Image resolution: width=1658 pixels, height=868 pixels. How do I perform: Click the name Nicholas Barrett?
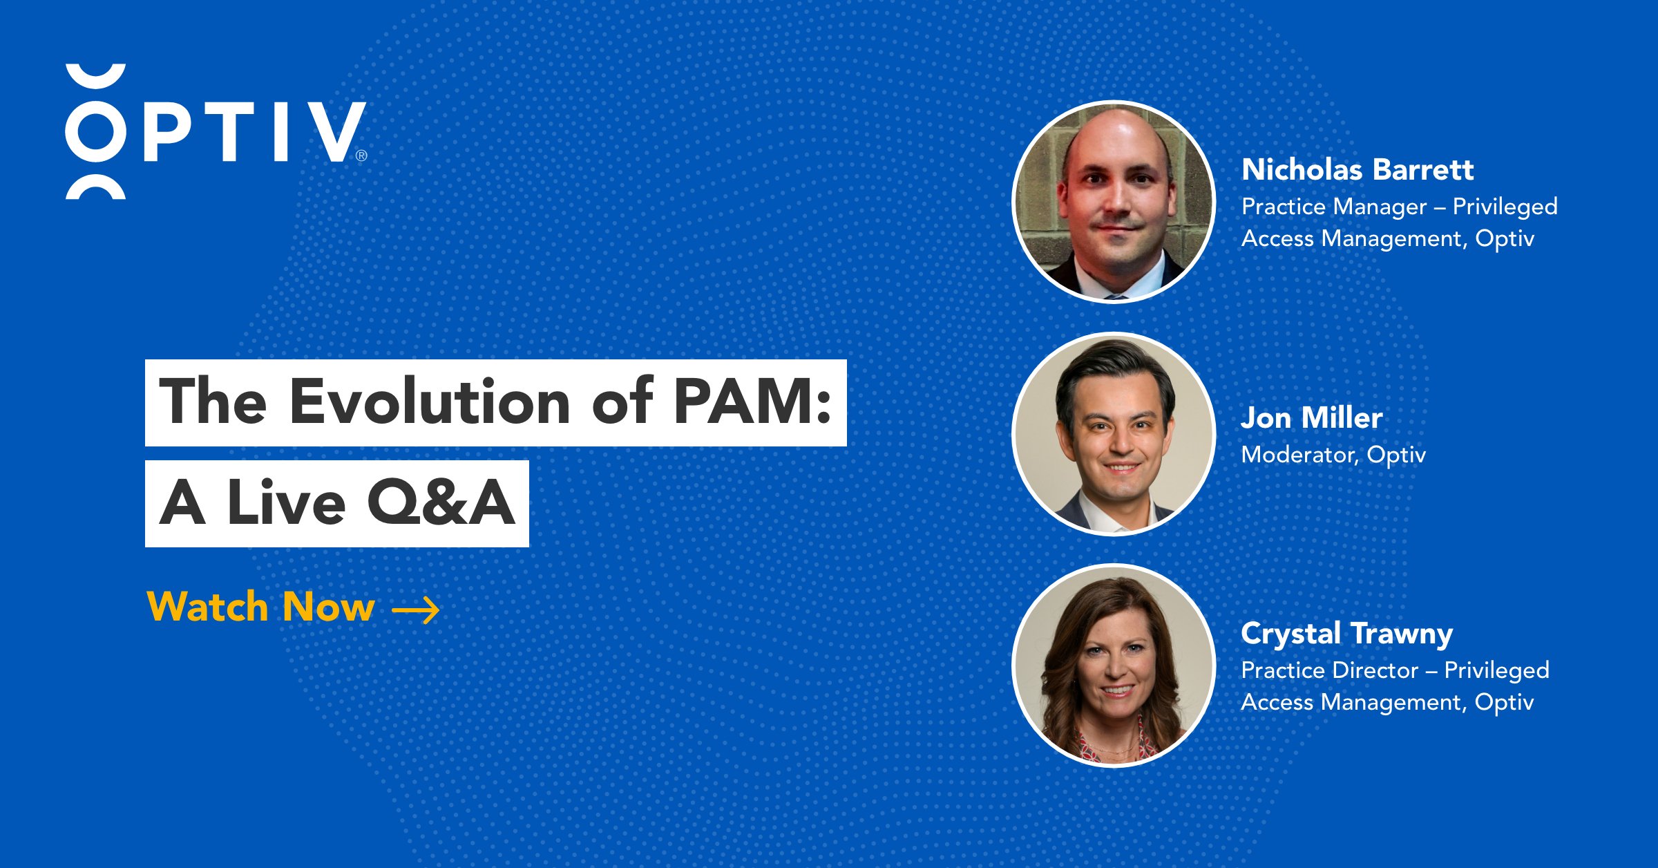click(1357, 170)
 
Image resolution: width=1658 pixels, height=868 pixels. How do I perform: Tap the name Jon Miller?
click(1311, 418)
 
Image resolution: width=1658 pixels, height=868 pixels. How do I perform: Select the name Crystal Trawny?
click(1346, 634)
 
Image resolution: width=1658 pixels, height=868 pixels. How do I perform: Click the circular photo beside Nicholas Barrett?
click(1113, 202)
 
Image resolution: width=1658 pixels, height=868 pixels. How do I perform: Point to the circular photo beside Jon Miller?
click(1113, 434)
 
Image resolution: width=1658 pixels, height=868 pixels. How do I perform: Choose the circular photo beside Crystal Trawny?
click(1113, 666)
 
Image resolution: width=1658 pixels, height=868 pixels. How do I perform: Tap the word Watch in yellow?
click(208, 607)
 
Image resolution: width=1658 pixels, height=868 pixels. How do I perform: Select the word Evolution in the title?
click(429, 402)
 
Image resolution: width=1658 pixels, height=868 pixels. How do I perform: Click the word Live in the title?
click(286, 503)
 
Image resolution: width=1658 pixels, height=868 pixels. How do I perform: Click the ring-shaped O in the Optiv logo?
click(95, 132)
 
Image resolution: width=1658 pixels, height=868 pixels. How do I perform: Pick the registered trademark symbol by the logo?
click(361, 156)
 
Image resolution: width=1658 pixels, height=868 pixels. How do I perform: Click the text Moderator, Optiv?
click(1333, 455)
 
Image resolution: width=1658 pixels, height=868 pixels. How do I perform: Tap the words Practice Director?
click(1329, 670)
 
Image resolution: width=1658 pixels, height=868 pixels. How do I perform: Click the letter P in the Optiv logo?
click(166, 132)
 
